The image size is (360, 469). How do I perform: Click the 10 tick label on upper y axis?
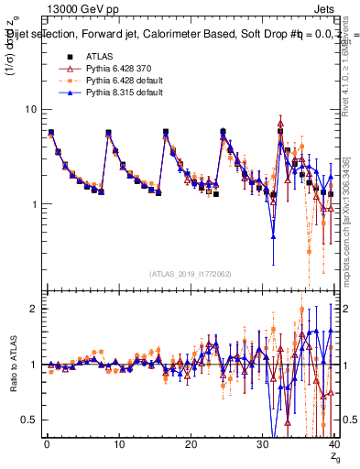(x=30, y=109)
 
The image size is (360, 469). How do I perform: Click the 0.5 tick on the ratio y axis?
(x=28, y=420)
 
